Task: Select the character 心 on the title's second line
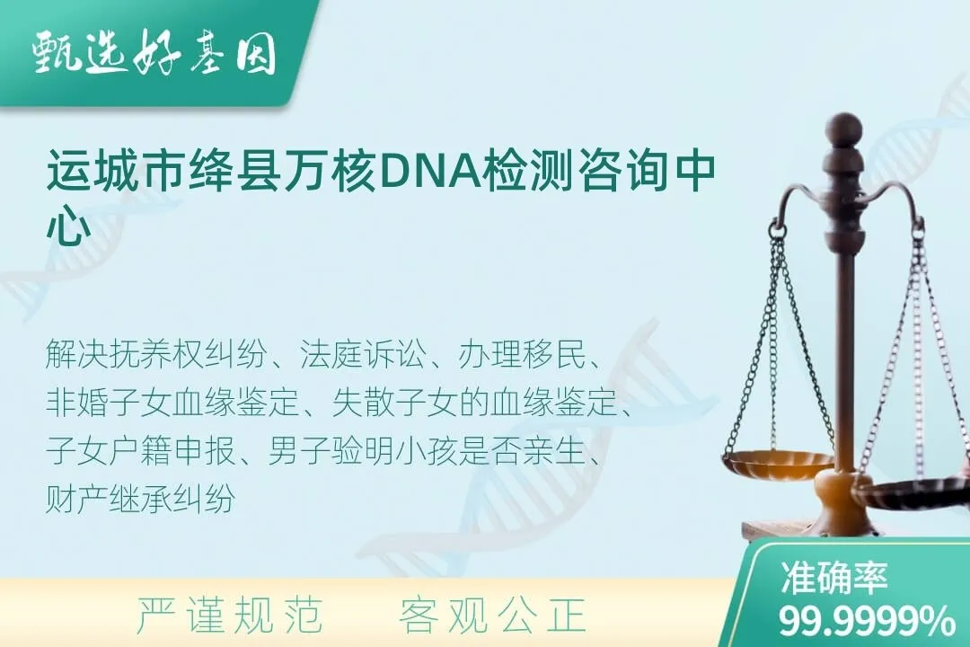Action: [x=67, y=228]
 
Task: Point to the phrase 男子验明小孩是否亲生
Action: [x=428, y=452]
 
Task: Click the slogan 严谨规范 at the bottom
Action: [x=229, y=616]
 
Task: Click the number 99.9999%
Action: [x=866, y=621]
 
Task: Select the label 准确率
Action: [x=834, y=579]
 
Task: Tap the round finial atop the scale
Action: [x=843, y=128]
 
